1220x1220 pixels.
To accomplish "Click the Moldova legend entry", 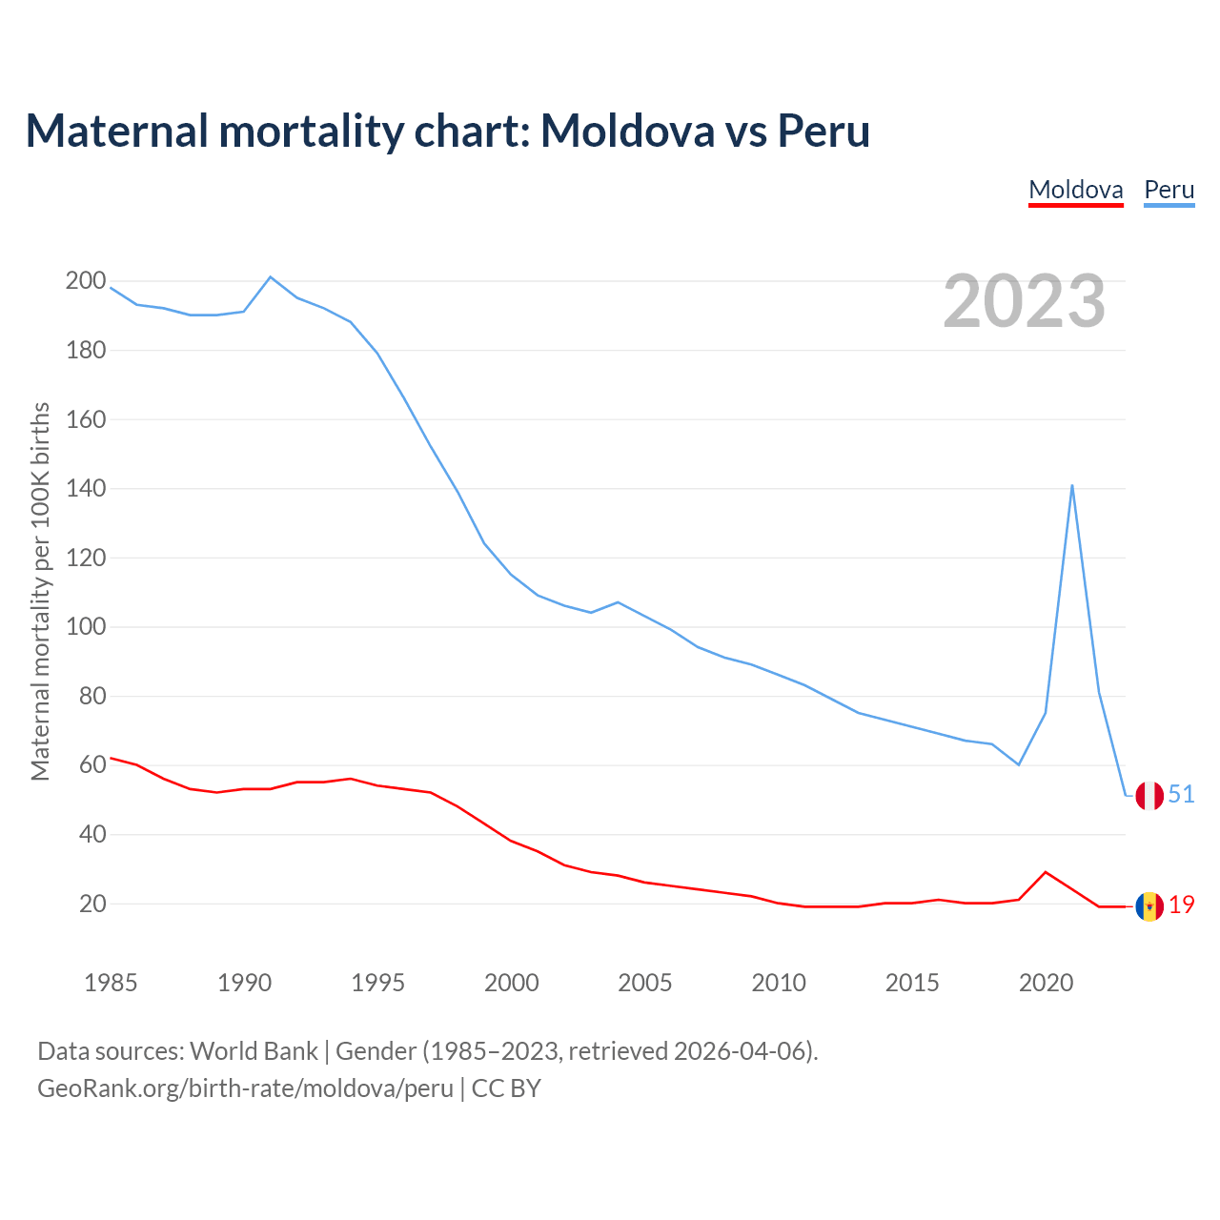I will [1076, 190].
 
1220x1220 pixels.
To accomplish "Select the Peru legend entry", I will [1169, 190].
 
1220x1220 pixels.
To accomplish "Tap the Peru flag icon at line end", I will [1149, 795].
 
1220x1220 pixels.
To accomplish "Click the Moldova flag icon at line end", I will [1149, 905].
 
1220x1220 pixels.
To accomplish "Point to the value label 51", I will [1181, 794].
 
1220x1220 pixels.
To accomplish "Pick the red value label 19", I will [1182, 905].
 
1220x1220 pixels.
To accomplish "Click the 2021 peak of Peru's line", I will [1072, 485].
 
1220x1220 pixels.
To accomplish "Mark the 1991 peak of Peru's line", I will [271, 277].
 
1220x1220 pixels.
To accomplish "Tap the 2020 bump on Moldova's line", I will [1046, 872].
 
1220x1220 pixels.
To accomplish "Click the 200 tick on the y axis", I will [85, 280].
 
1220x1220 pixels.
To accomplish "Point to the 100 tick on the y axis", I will [85, 627].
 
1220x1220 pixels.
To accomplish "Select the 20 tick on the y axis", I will [91, 904].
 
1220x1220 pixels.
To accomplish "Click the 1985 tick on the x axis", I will [111, 983].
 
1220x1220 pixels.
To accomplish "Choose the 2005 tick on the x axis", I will [645, 983].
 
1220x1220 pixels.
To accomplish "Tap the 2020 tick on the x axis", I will [1046, 983].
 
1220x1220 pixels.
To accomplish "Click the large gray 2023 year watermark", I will [1024, 301].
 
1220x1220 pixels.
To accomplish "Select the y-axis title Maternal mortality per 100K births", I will [40, 591].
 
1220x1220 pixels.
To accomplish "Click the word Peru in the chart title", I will [823, 131].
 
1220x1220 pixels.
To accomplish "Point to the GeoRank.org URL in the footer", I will [245, 1088].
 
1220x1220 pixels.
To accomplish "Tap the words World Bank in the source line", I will [254, 1051].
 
